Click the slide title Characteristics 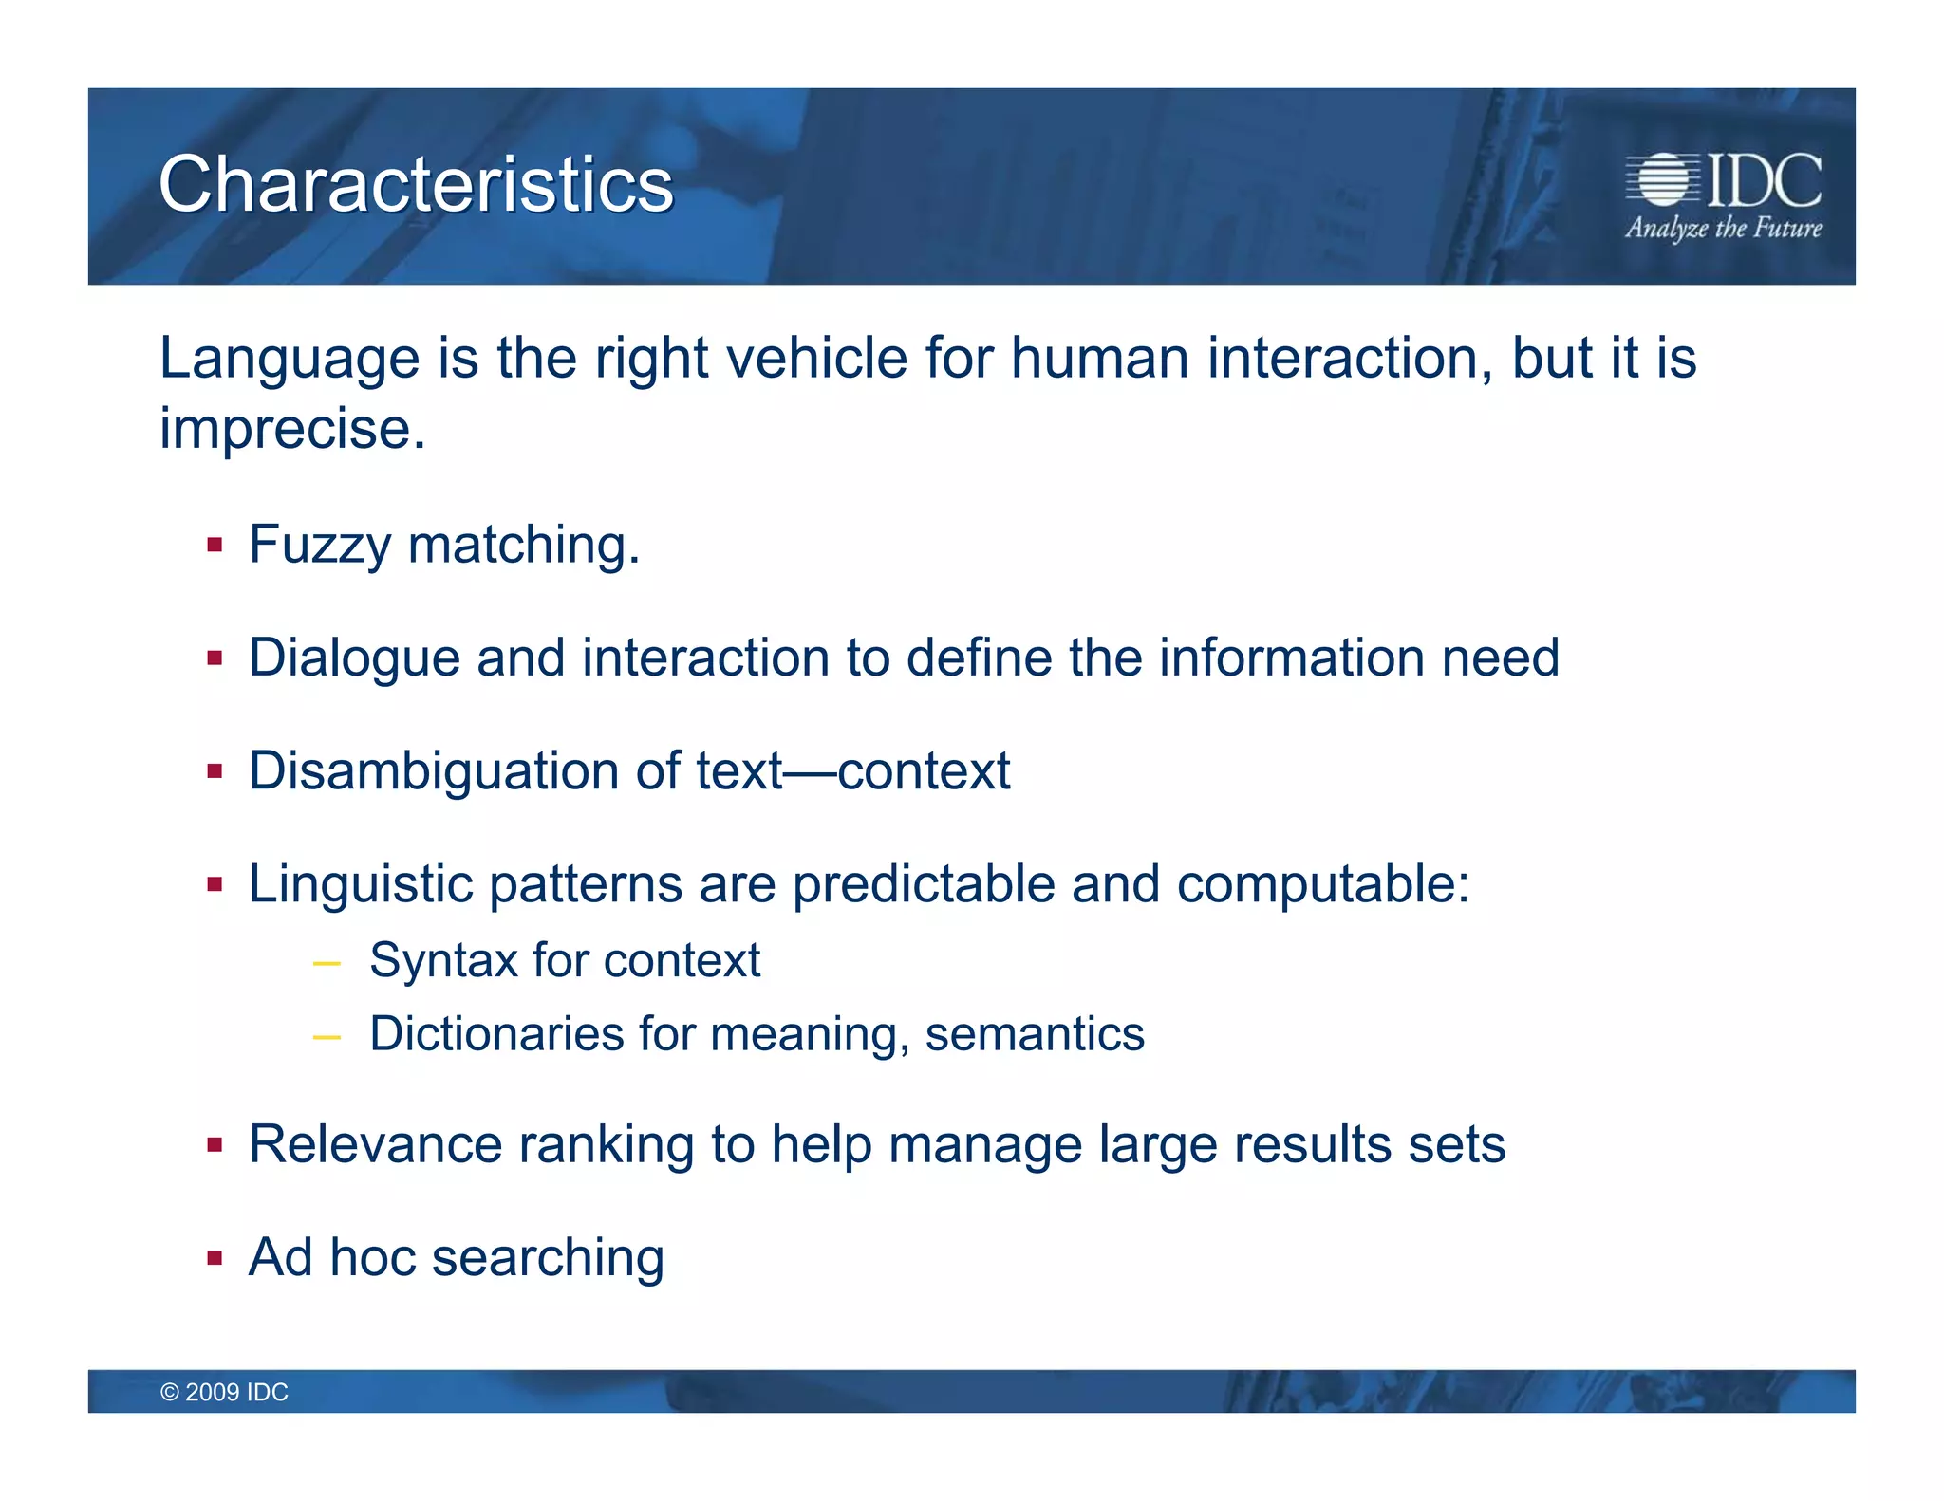416,184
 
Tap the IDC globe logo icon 1663,179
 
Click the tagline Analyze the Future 1724,229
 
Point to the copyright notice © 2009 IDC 224,1392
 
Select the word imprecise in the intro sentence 291,429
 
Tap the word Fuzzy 320,546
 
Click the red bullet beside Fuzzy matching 215,546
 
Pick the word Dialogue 354,658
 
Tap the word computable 1322,884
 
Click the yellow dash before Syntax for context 326,964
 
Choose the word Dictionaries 496,1033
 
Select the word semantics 1035,1033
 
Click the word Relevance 376,1144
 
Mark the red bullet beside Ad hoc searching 215,1259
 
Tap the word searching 548,1259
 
